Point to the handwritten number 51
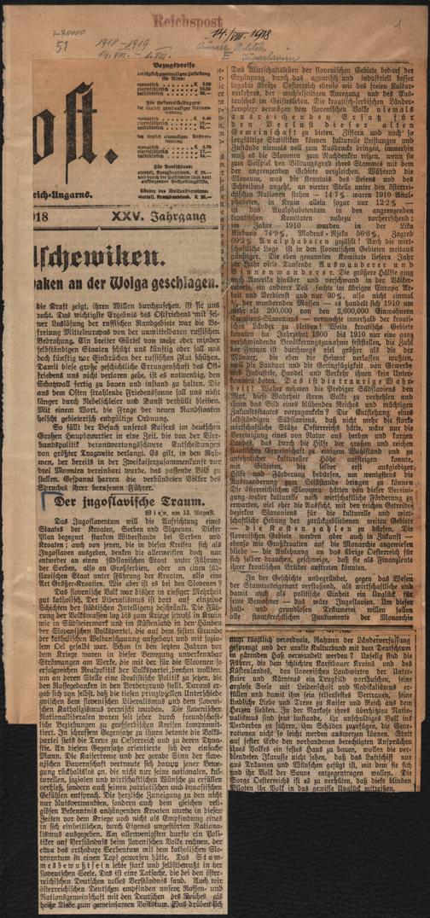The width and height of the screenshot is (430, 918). click(61, 49)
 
